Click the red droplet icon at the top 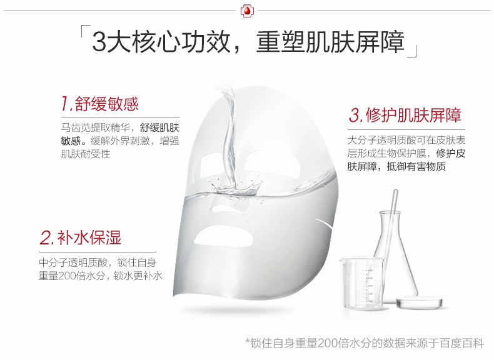(x=246, y=11)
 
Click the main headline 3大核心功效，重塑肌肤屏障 (x=248, y=42)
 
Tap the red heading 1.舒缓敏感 (x=100, y=104)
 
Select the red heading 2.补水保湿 (x=81, y=237)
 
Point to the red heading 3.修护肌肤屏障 (x=405, y=114)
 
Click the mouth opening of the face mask (x=223, y=236)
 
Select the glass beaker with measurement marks (x=361, y=282)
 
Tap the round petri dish (x=420, y=302)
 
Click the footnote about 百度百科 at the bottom (x=365, y=343)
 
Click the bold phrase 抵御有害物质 (x=416, y=166)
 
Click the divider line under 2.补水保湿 (x=98, y=252)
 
